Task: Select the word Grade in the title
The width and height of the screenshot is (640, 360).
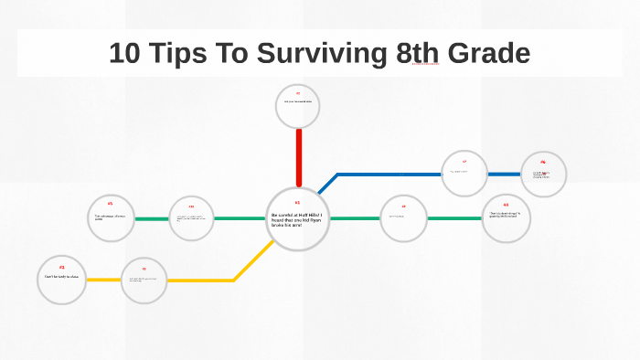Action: point(487,53)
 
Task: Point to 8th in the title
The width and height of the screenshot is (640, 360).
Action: point(418,53)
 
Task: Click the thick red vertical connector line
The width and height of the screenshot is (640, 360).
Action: point(298,157)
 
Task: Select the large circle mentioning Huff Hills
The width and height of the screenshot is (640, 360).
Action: point(298,218)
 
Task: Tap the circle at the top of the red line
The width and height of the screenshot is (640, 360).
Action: point(298,106)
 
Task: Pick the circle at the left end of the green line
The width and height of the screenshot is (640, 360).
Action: point(111,218)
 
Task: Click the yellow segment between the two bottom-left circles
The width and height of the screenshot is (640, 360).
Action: point(103,280)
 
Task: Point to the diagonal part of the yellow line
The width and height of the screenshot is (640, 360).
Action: point(254,260)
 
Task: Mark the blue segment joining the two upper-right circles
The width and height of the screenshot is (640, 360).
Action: point(504,174)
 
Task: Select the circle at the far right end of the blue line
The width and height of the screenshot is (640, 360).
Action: point(543,174)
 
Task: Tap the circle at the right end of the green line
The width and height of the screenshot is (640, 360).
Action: point(506,218)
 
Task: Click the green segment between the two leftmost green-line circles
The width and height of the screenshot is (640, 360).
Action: point(152,218)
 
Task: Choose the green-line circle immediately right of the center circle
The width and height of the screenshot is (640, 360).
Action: point(403,218)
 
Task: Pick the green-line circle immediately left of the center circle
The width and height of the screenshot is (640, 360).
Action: point(192,218)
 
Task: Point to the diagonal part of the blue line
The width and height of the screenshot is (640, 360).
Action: point(327,184)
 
